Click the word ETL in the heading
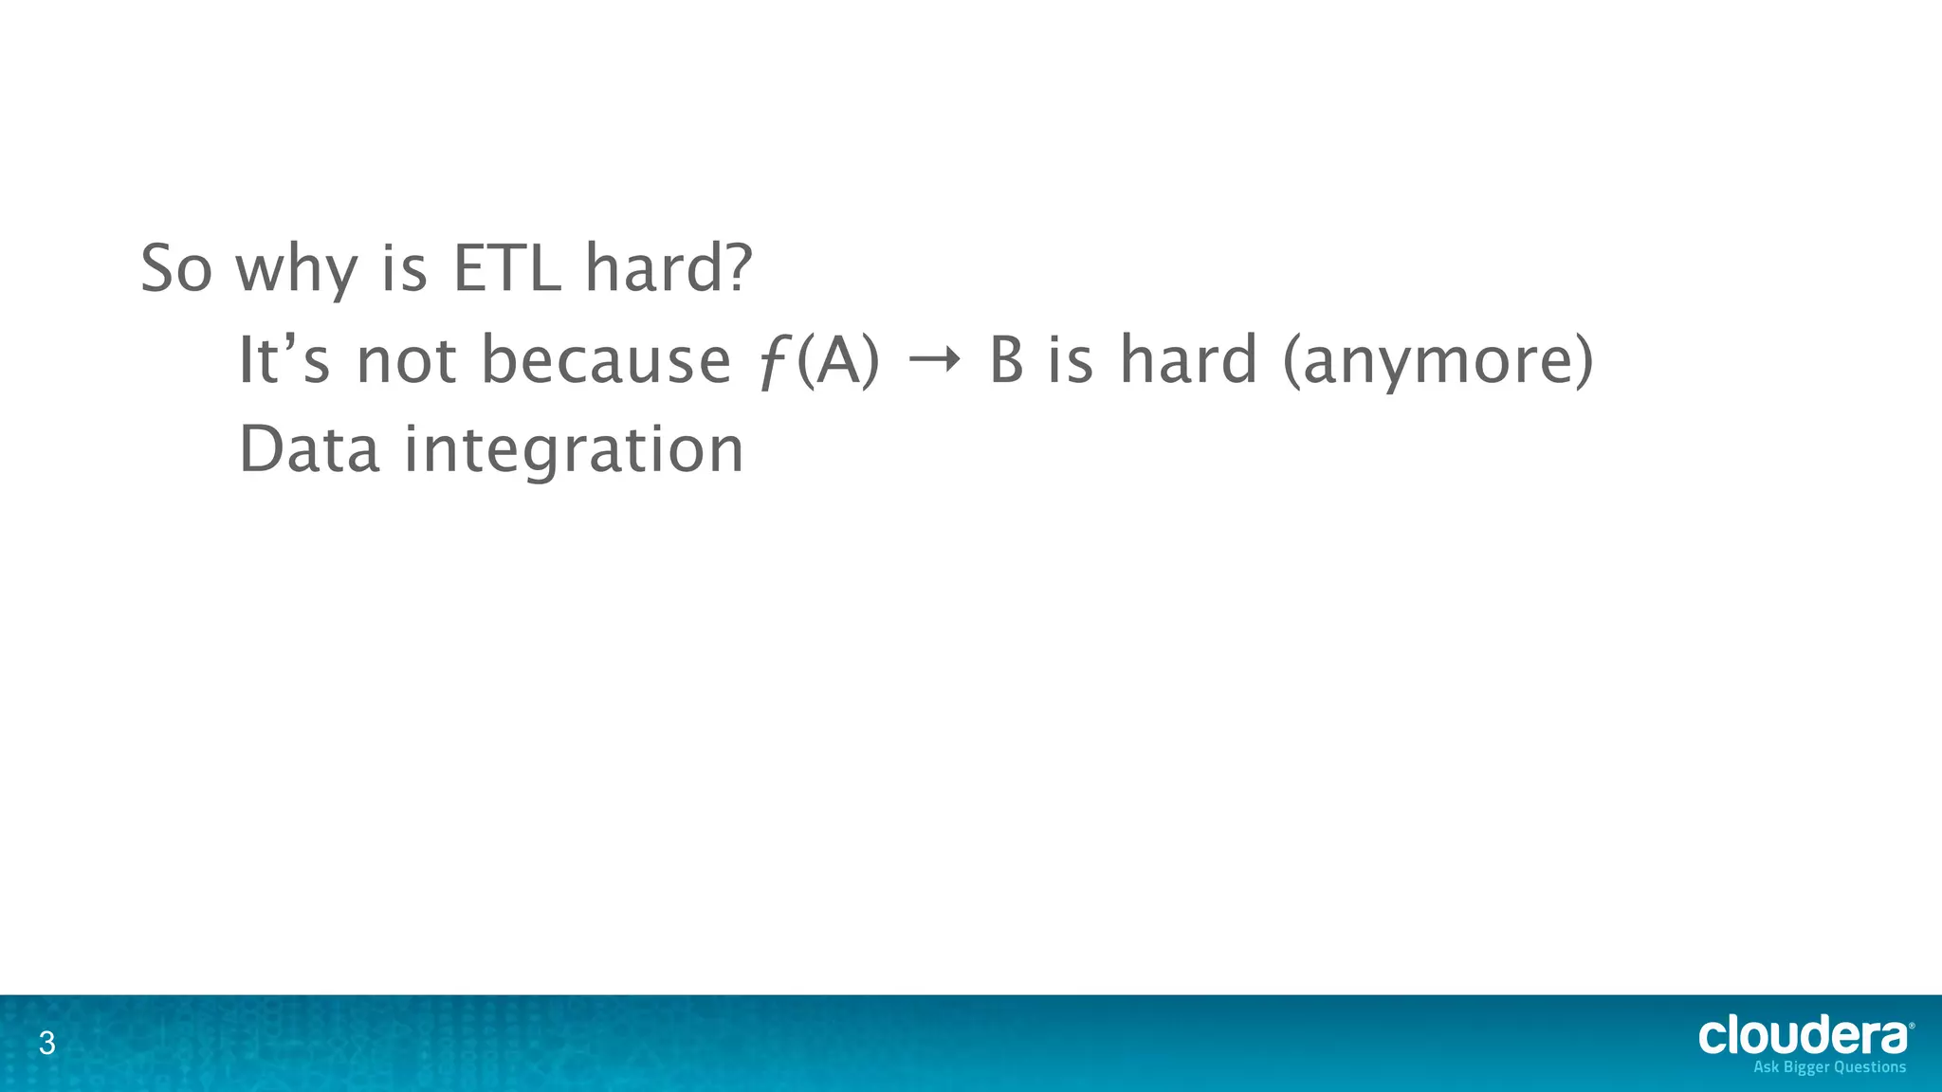pos(506,269)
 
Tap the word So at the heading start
pos(175,269)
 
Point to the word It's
pos(283,360)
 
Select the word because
pos(606,360)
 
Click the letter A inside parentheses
pos(837,360)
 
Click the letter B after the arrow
pos(1006,361)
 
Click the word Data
pos(308,449)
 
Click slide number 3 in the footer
pos(46,1045)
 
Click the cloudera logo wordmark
pos(1802,1037)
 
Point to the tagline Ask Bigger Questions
pos(1829,1067)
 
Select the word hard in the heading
pos(655,269)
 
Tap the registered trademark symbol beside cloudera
pos(1911,1026)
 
